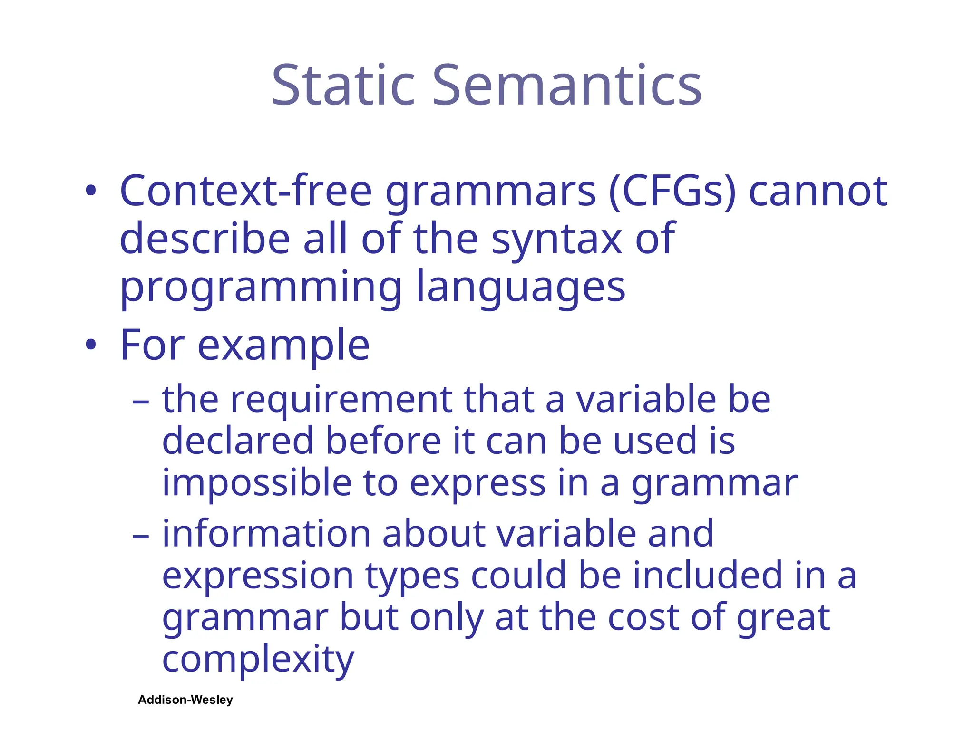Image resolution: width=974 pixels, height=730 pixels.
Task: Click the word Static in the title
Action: tap(343, 86)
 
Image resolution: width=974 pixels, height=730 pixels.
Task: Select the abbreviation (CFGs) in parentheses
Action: tap(672, 191)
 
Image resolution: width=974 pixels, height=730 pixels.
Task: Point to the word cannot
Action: tap(818, 191)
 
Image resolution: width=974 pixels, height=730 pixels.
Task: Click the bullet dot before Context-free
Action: tap(91, 191)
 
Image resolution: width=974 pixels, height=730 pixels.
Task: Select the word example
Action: tap(283, 346)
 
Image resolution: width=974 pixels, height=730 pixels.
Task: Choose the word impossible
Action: tap(257, 483)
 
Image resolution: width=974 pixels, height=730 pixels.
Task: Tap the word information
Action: tap(266, 534)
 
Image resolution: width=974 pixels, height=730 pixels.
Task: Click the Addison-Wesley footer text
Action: tap(185, 700)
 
